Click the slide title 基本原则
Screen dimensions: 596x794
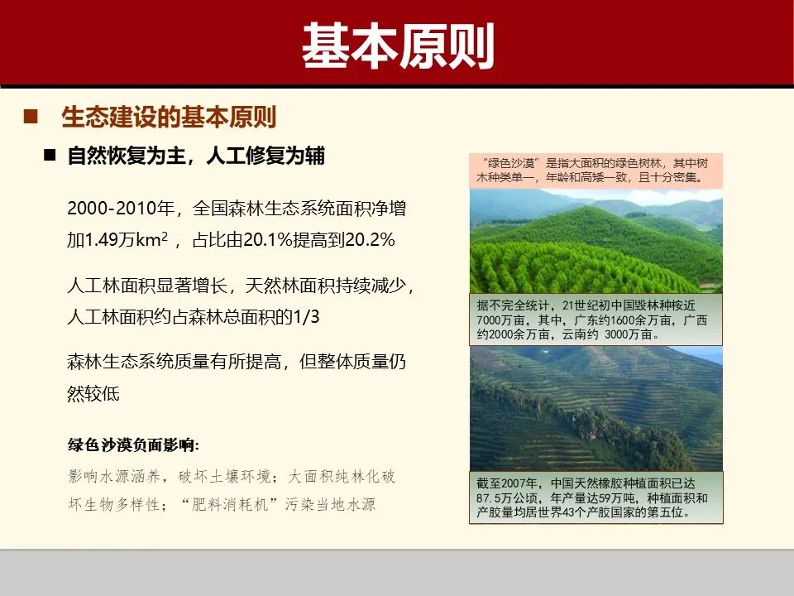(x=397, y=46)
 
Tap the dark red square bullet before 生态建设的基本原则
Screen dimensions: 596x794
(x=31, y=117)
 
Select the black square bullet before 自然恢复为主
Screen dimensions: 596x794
(x=50, y=156)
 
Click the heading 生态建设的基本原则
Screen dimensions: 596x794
(x=169, y=117)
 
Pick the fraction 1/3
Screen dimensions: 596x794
(x=305, y=317)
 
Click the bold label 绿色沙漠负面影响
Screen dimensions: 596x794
(x=132, y=445)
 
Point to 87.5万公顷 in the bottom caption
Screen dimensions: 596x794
(x=508, y=497)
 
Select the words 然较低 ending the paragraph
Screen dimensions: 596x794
(x=93, y=393)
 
